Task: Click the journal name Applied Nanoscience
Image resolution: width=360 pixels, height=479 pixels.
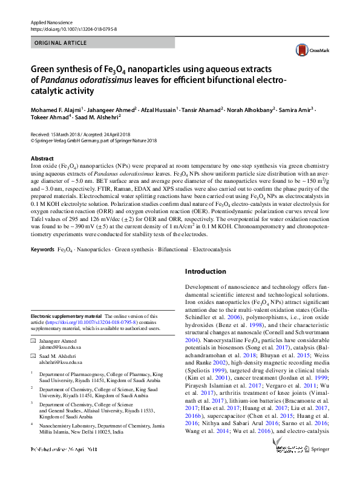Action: point(48,22)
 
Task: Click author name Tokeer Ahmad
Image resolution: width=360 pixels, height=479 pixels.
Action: point(50,119)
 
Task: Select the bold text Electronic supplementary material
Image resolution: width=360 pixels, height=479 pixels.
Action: point(67,316)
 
